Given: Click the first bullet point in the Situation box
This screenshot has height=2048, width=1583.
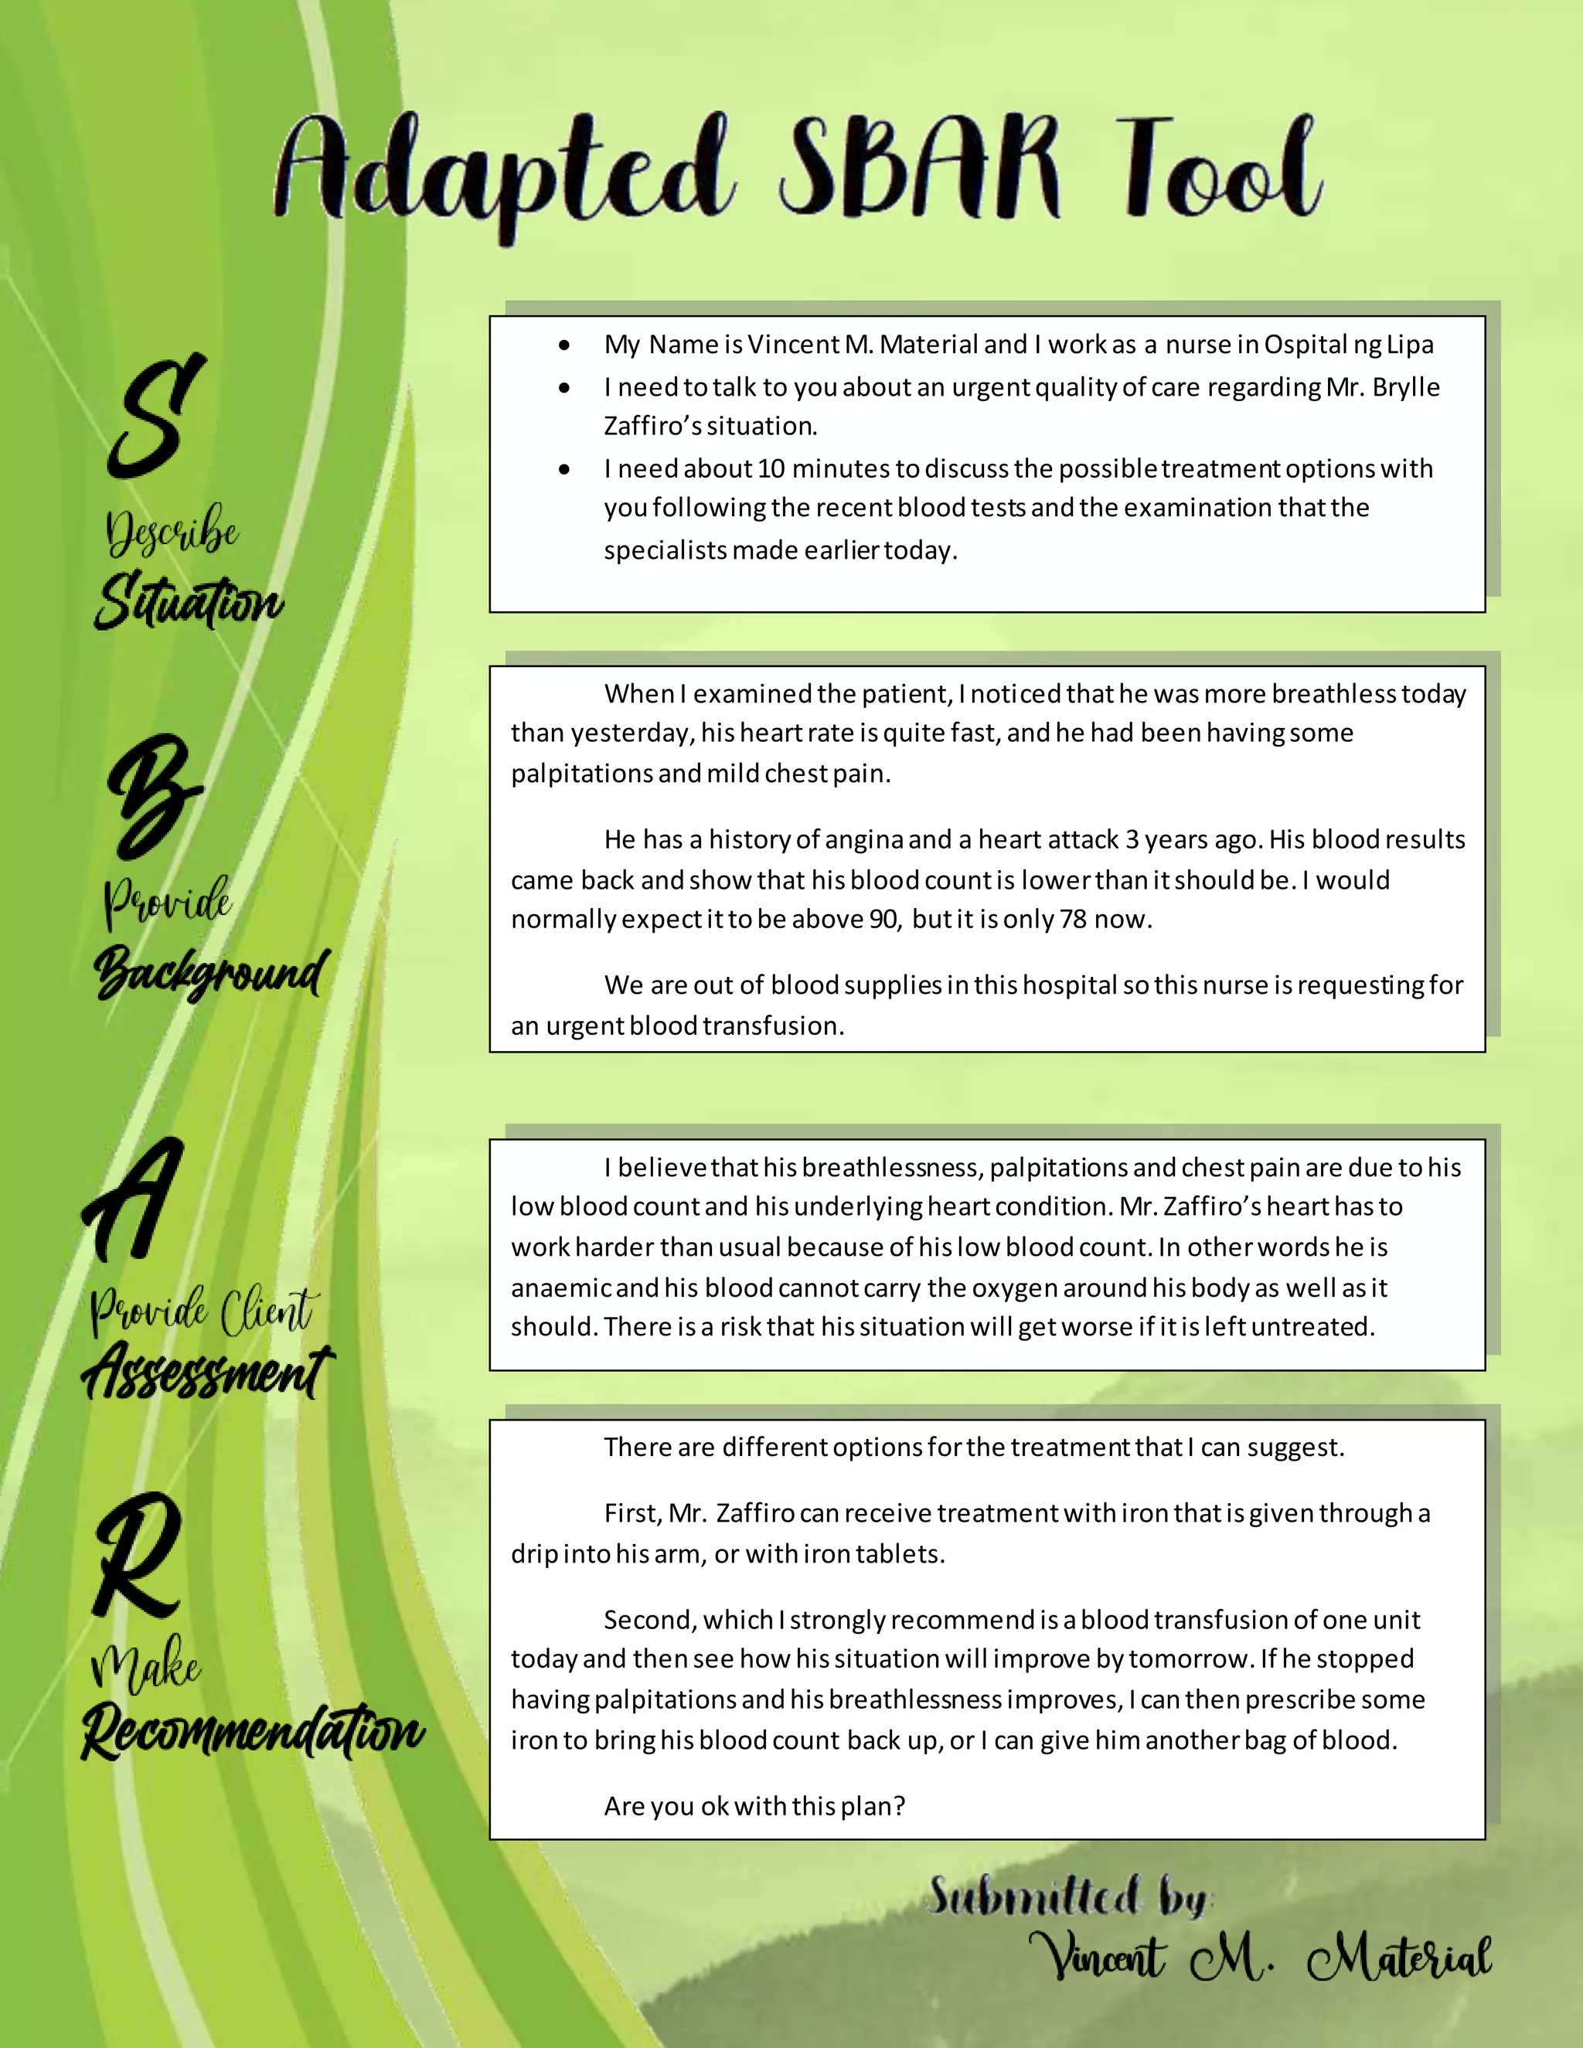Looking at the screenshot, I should point(563,345).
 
